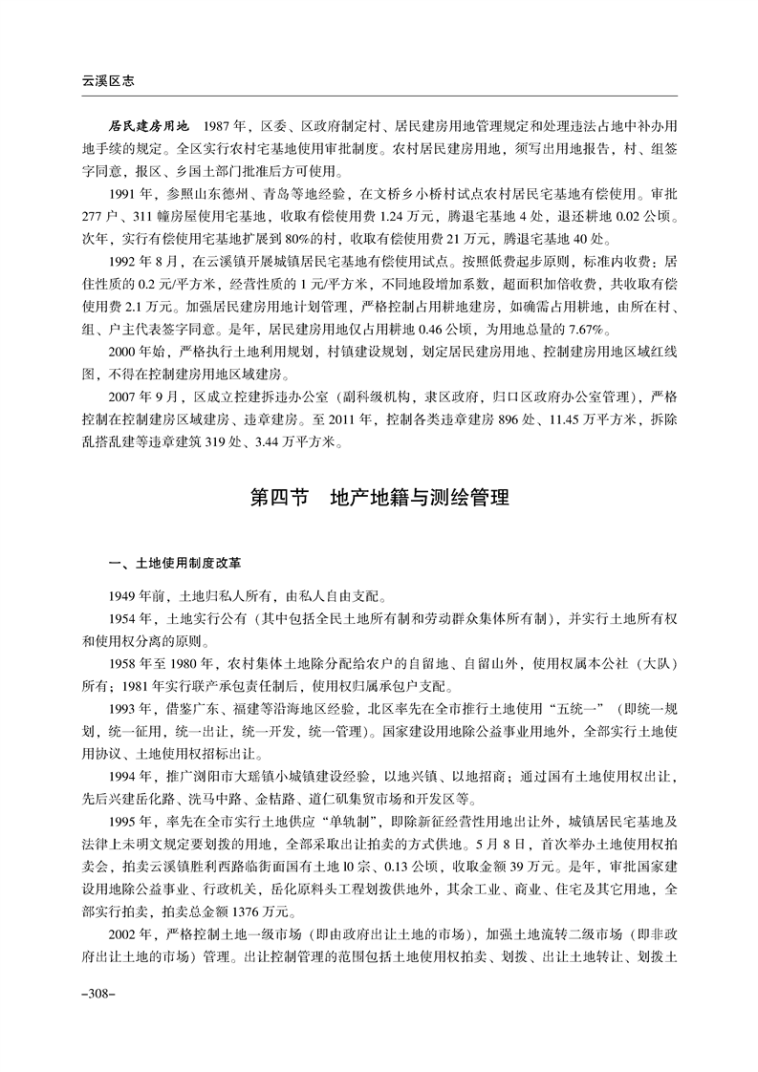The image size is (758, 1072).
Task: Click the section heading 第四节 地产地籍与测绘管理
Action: (379, 498)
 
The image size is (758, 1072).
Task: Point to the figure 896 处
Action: (497, 420)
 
